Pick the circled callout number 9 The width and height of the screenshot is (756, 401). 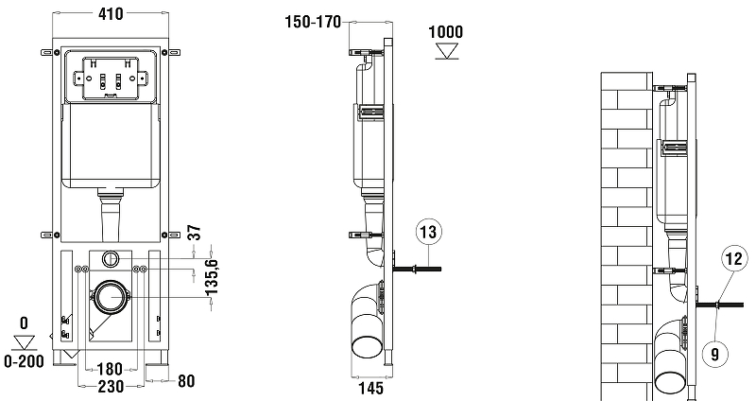coord(715,354)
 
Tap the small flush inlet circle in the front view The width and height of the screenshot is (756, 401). coord(111,257)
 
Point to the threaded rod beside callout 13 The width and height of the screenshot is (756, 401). coord(417,269)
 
